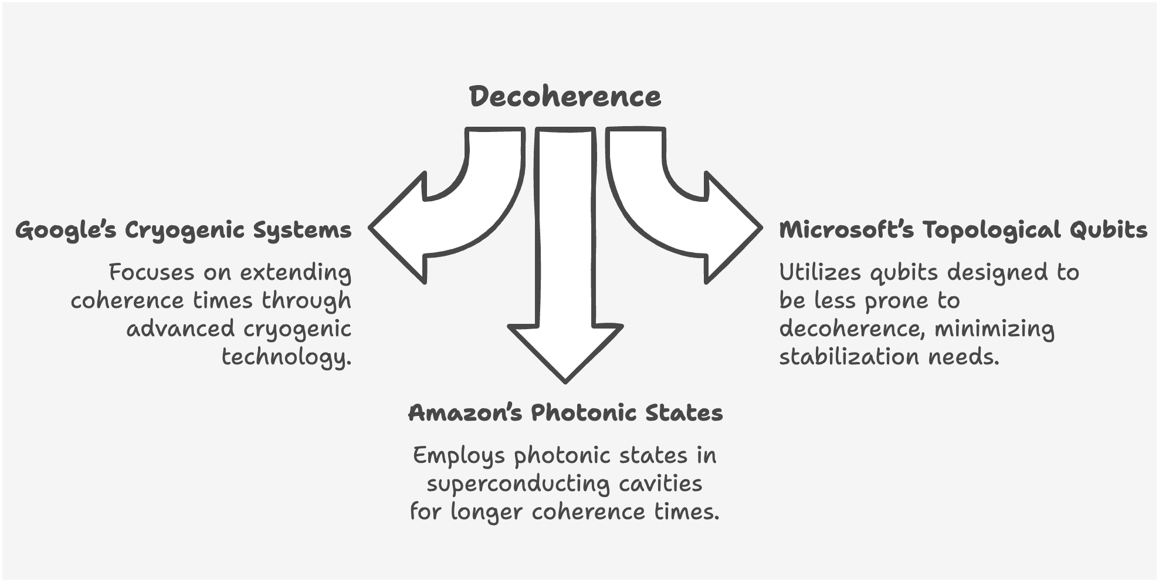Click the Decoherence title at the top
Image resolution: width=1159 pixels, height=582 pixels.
565,97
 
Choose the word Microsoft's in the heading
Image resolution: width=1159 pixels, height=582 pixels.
846,230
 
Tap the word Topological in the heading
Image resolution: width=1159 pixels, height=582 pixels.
991,230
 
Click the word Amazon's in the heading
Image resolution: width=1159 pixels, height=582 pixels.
465,413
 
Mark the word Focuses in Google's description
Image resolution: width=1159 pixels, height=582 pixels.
151,272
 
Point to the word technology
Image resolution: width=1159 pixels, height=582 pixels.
286,357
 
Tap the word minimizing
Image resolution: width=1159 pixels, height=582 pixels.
994,329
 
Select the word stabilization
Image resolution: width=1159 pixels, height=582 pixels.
848,357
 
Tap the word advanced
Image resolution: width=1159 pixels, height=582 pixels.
181,329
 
